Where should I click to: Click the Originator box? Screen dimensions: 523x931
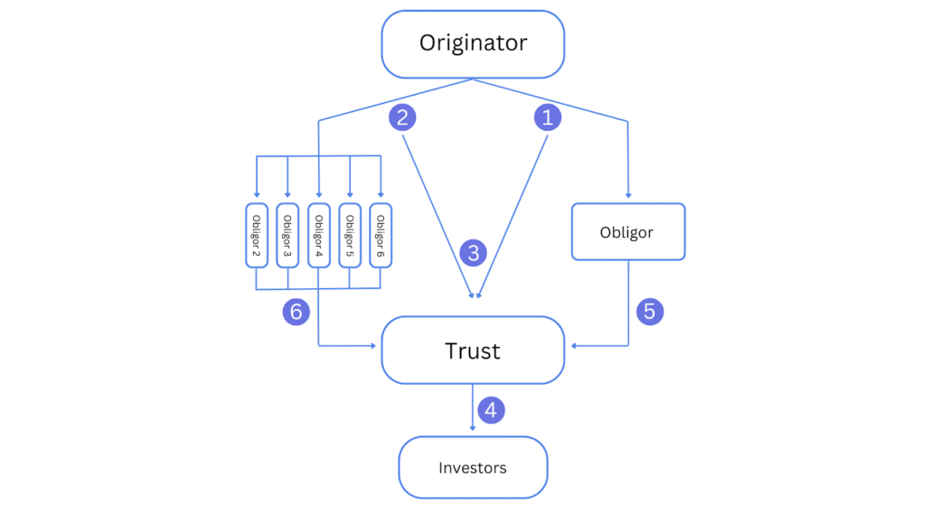(473, 43)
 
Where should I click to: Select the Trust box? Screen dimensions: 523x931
(473, 350)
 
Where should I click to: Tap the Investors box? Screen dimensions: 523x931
(473, 467)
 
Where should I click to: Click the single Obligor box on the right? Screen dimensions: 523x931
(627, 233)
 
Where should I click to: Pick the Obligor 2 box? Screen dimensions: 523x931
(257, 234)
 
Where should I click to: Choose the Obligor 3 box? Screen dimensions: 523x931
(287, 234)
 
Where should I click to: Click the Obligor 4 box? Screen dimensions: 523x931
(319, 234)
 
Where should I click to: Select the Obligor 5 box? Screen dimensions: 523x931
(350, 234)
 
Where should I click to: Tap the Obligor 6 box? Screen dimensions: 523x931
(381, 234)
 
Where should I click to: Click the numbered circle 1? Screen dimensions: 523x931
(545, 117)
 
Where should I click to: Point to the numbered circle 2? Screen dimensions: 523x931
(402, 117)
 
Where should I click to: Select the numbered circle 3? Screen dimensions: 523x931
(473, 252)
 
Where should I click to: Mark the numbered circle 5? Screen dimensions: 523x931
(649, 312)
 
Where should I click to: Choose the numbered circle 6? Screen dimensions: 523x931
(296, 312)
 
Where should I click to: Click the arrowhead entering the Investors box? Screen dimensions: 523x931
(473, 431)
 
